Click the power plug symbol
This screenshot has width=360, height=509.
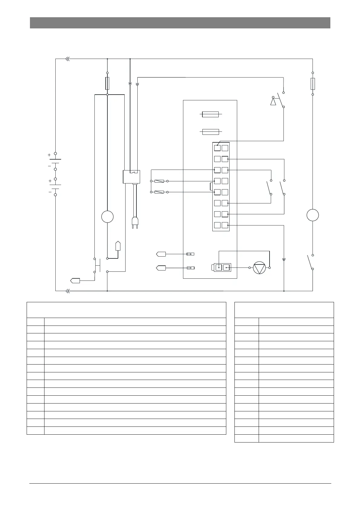coord(134,223)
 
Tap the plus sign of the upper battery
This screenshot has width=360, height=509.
coord(49,155)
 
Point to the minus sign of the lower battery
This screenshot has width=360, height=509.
coord(50,192)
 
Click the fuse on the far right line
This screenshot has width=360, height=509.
coord(313,84)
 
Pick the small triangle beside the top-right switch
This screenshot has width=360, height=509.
coord(273,102)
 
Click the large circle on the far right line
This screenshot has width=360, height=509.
coord(313,215)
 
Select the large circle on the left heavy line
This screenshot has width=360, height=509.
coord(107,217)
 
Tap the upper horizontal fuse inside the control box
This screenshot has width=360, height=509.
coord(211,114)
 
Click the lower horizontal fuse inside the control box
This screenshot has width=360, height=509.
coord(211,132)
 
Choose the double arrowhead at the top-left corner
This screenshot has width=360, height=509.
coord(68,59)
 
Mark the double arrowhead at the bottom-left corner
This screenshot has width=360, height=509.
coord(68,291)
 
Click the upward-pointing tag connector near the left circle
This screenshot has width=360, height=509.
coord(118,246)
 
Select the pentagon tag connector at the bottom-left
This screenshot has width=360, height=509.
coord(75,280)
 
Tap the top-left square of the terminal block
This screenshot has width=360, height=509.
coord(217,148)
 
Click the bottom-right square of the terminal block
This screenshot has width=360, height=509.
coord(225,225)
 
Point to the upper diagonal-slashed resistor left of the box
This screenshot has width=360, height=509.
coord(159,181)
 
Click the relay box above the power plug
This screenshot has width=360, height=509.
coord(131,177)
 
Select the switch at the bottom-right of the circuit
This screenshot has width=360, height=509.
coord(310,262)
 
